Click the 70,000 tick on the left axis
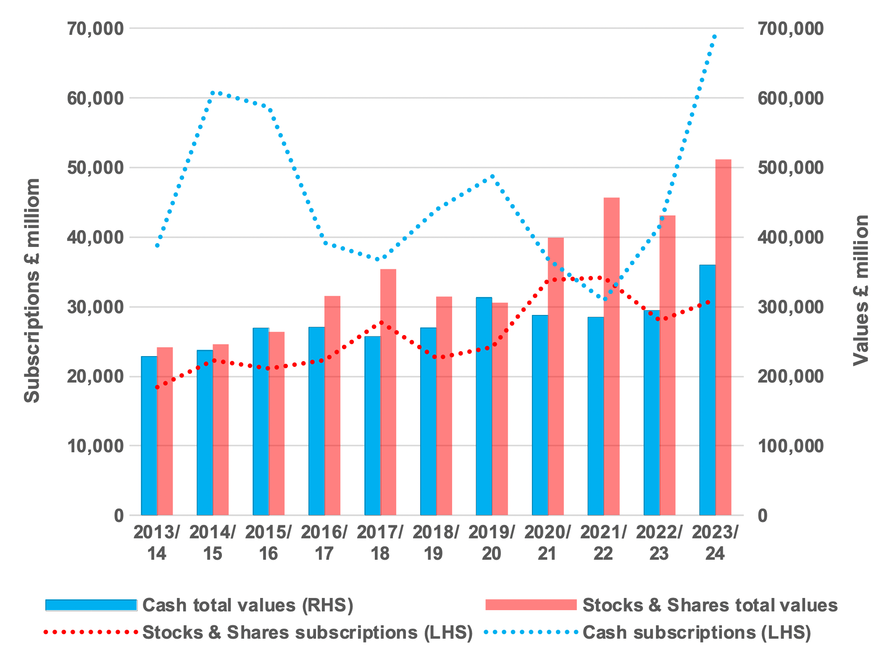click(x=95, y=29)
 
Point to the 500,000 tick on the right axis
click(x=790, y=168)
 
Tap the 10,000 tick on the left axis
click(x=95, y=446)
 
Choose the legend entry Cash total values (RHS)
click(x=248, y=605)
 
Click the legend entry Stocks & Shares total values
click(x=710, y=605)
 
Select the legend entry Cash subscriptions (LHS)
click(x=696, y=632)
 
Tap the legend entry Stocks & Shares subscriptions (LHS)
click(x=307, y=632)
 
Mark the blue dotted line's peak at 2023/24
click(x=714, y=37)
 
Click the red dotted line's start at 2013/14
click(x=157, y=387)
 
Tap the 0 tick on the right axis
click(x=763, y=515)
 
